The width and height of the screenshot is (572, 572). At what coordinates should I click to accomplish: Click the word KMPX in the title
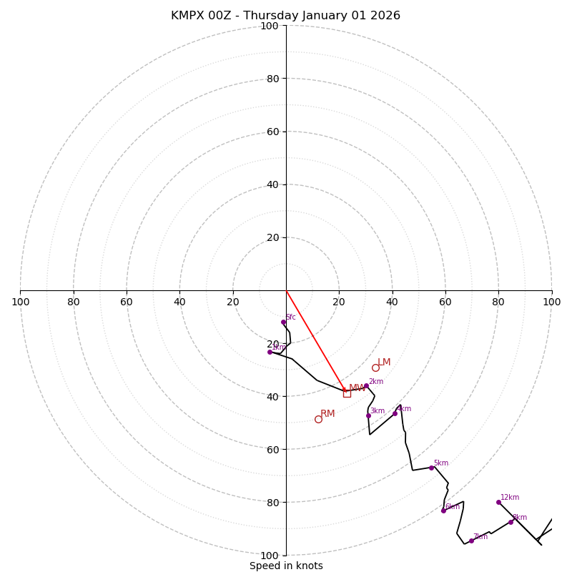(x=187, y=16)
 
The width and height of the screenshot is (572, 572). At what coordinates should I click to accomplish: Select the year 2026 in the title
(x=385, y=16)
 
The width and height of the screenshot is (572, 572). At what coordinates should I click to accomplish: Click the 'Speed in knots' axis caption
(x=286, y=566)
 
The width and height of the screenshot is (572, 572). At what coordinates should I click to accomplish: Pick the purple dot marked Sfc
(x=283, y=322)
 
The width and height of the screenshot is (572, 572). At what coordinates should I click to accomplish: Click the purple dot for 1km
(x=270, y=352)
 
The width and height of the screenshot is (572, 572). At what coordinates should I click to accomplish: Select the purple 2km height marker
(x=366, y=386)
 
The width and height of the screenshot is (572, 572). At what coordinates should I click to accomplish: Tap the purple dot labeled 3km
(x=368, y=415)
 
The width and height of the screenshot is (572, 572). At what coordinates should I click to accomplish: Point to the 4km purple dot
(x=395, y=413)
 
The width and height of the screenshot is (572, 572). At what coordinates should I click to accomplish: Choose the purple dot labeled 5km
(x=431, y=468)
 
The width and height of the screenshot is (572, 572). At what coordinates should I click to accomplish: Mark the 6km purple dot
(x=443, y=511)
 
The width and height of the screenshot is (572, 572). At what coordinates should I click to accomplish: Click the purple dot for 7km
(x=471, y=541)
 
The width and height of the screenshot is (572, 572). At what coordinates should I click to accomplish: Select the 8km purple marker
(x=511, y=522)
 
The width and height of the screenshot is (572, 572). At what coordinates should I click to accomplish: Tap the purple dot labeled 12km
(x=498, y=502)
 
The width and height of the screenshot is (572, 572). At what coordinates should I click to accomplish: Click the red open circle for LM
(x=375, y=368)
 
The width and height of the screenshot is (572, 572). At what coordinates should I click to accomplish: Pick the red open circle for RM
(x=318, y=419)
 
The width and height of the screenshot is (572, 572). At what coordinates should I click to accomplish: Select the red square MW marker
(x=347, y=393)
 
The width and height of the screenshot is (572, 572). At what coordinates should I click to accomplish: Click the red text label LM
(x=384, y=363)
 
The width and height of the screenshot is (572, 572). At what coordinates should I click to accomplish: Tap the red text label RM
(x=327, y=414)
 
